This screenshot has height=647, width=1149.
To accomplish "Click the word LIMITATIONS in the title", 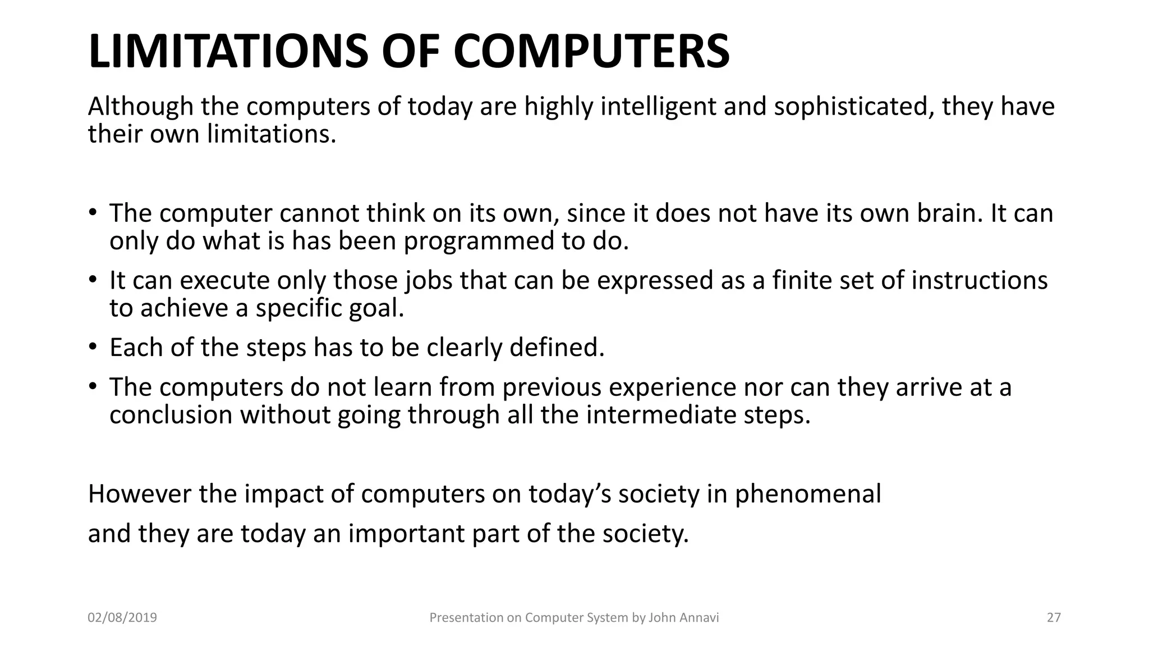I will (x=228, y=52).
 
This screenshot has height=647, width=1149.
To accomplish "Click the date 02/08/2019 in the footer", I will (x=122, y=618).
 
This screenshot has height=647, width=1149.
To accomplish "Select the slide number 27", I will (x=1054, y=618).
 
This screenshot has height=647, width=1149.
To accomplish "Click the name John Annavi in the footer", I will (x=683, y=618).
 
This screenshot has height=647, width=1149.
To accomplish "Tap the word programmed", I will (x=479, y=242).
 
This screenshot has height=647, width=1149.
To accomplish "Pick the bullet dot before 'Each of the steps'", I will (x=93, y=346).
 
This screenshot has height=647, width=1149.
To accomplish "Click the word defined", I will (x=557, y=348).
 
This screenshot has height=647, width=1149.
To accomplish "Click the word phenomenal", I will (x=808, y=494).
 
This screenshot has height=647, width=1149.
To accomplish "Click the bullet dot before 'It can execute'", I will (x=93, y=279).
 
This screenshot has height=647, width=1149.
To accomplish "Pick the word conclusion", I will (x=171, y=416).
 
